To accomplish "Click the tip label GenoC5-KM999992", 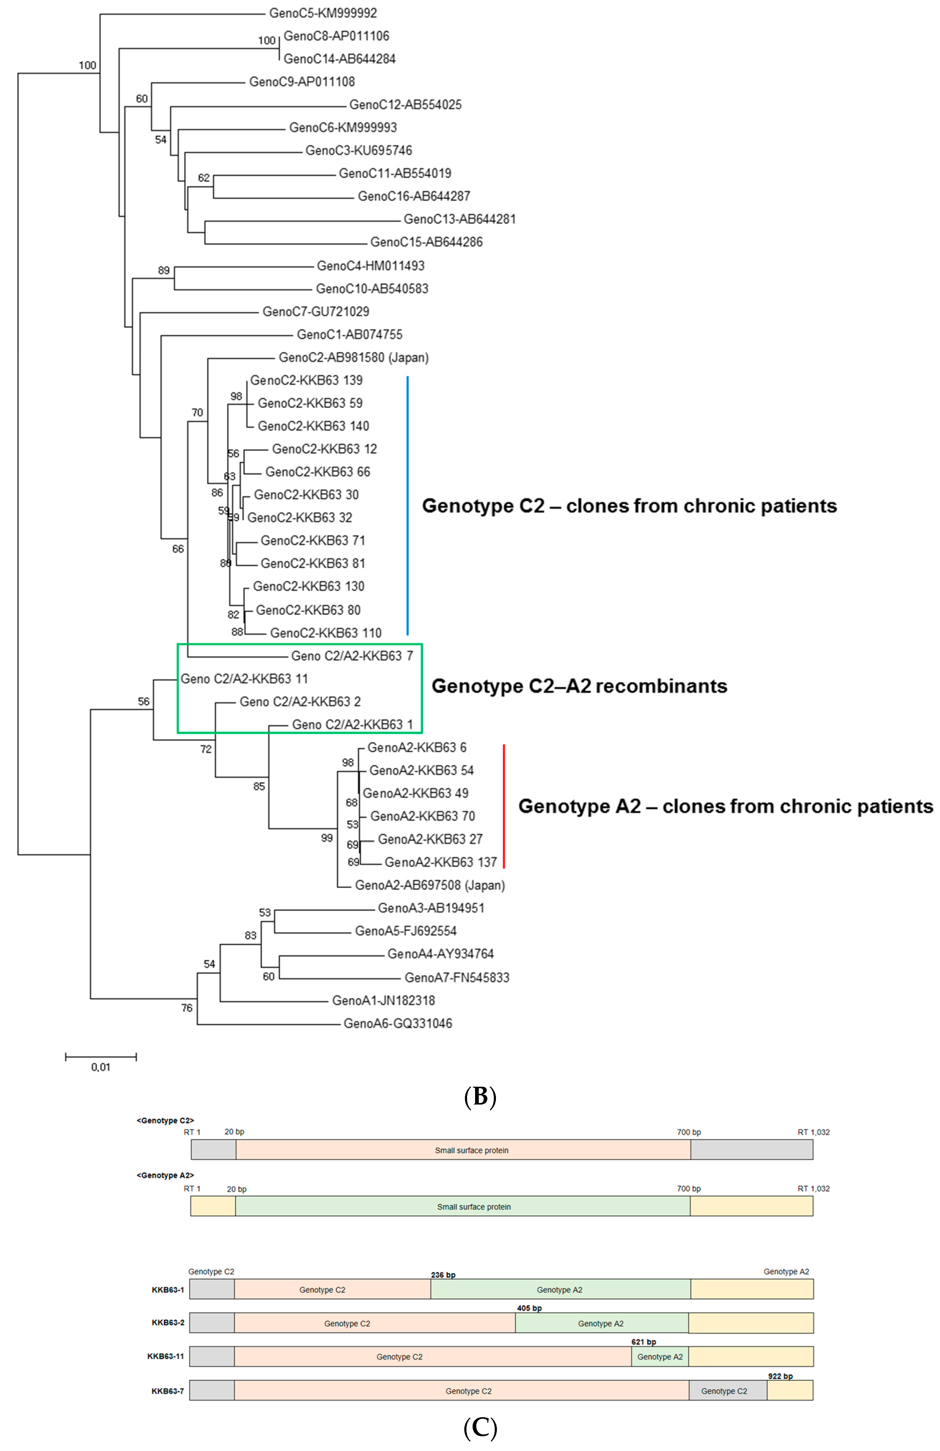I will click(x=323, y=13).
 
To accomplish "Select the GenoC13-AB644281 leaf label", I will click(x=460, y=219).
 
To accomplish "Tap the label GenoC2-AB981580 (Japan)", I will click(x=353, y=357).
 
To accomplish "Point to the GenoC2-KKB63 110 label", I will click(x=326, y=633).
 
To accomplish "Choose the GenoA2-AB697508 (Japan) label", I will click(x=430, y=885).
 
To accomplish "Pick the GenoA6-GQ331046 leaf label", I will click(x=397, y=1023).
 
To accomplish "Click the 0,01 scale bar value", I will click(x=101, y=1067).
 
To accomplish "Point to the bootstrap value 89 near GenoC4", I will click(x=163, y=270).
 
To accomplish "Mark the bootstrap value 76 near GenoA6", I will click(x=186, y=1008).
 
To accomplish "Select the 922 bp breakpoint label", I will click(x=780, y=1376).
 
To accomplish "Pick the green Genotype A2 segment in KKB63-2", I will click(x=601, y=1324).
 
